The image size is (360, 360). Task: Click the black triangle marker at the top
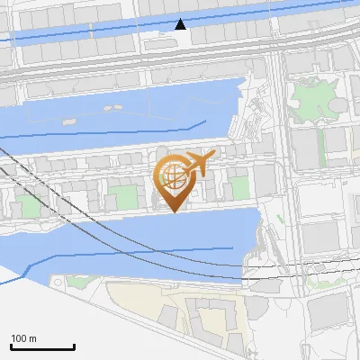coord(181,24)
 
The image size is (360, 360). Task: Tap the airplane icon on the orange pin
coord(199,163)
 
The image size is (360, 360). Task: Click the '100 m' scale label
coord(24,338)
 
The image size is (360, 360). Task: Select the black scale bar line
coord(42,346)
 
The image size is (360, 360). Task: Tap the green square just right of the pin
coord(239,187)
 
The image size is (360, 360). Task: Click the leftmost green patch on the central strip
coord(30,205)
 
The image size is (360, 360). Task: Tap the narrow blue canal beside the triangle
coord(135,34)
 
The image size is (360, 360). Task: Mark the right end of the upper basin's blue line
coord(205,120)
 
